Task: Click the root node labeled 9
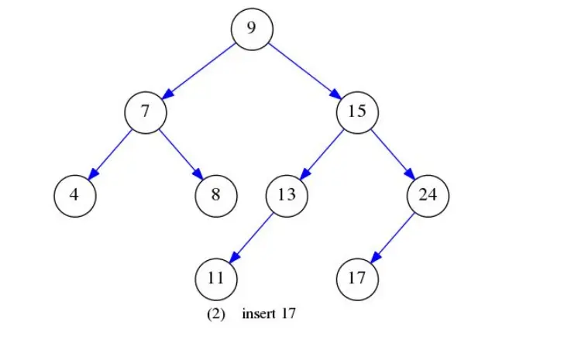(x=251, y=29)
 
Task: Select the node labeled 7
(x=145, y=111)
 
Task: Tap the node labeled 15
(x=357, y=111)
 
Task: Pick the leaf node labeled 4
(x=74, y=194)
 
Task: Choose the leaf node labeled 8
(x=215, y=194)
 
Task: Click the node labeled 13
(x=287, y=194)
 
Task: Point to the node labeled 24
(x=428, y=194)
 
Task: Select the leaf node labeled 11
(x=215, y=276)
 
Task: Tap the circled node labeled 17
(x=357, y=276)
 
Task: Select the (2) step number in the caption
(x=215, y=314)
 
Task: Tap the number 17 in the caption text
(x=289, y=314)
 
